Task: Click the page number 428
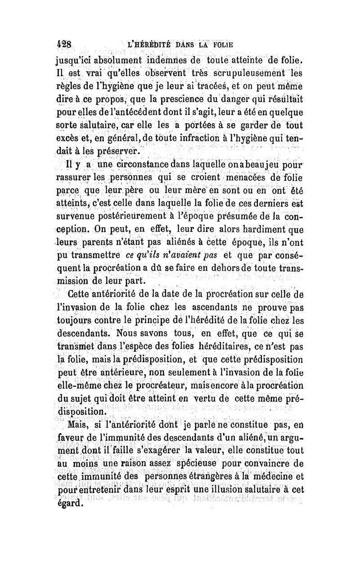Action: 66,45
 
